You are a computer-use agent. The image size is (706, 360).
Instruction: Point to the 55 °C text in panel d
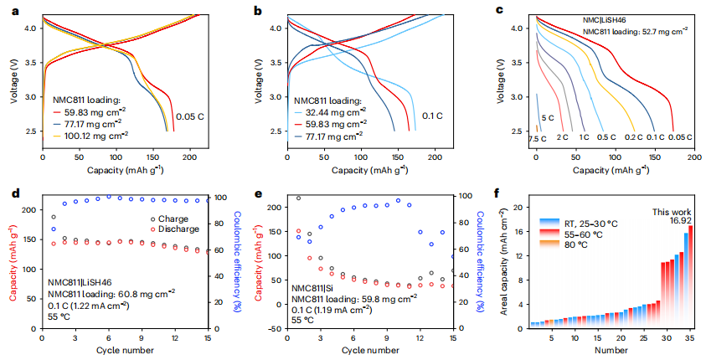(59, 319)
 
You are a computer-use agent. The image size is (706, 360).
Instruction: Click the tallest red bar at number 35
(691, 276)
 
